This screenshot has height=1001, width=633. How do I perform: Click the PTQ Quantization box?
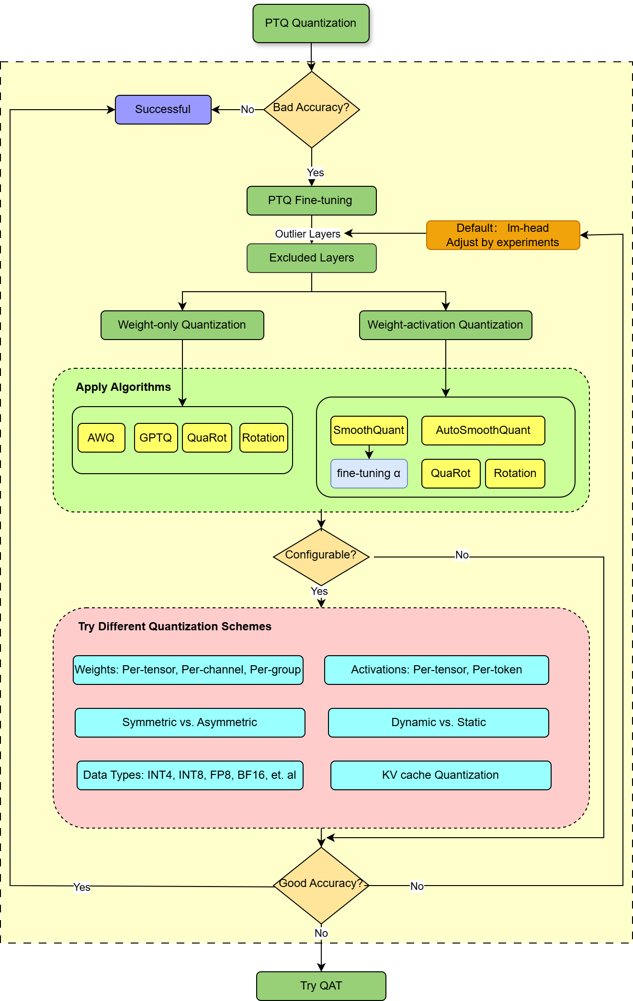pyautogui.click(x=311, y=23)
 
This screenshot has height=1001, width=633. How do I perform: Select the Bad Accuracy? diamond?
pyautogui.click(x=311, y=109)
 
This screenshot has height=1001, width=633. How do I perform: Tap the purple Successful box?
pyautogui.click(x=163, y=110)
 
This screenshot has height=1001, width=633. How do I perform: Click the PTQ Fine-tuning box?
pyautogui.click(x=311, y=201)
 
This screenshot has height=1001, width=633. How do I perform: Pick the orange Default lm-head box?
pyautogui.click(x=503, y=235)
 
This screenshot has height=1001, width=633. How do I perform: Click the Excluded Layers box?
pyautogui.click(x=311, y=258)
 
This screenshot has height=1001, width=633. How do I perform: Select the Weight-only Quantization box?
pyautogui.click(x=182, y=325)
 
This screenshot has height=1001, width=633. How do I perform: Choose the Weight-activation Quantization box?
pyautogui.click(x=445, y=325)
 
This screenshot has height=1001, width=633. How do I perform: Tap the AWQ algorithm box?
pyautogui.click(x=101, y=438)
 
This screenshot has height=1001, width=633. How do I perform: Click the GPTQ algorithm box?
pyautogui.click(x=156, y=438)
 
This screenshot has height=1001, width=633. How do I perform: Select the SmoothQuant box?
pyautogui.click(x=369, y=431)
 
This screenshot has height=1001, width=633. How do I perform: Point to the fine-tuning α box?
pyautogui.click(x=369, y=474)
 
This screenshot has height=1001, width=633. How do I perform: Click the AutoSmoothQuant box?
pyautogui.click(x=483, y=431)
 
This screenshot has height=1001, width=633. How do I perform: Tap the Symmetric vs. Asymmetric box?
pyautogui.click(x=190, y=723)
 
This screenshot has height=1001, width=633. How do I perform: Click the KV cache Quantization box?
pyautogui.click(x=441, y=775)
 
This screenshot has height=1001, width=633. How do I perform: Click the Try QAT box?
pyautogui.click(x=321, y=986)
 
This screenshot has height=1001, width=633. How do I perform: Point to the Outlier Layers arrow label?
pyautogui.click(x=307, y=234)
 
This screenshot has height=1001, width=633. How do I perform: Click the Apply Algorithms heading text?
pyautogui.click(x=123, y=387)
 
